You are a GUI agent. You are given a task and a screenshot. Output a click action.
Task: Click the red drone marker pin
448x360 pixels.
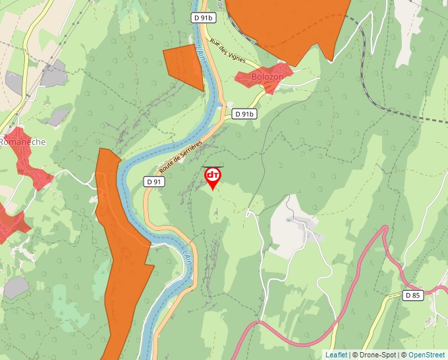point(213,176)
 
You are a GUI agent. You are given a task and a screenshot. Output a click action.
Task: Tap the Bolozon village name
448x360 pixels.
point(267,77)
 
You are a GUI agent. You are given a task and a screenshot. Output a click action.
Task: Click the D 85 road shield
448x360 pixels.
point(412,296)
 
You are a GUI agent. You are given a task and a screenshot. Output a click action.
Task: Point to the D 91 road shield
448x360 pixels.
point(154,181)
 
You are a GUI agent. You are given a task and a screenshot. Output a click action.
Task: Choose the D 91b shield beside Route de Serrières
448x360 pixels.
point(244,114)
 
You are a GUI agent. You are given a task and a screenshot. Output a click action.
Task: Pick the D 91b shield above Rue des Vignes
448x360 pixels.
point(204,18)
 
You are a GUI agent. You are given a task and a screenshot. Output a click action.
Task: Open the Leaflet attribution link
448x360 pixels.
point(336,355)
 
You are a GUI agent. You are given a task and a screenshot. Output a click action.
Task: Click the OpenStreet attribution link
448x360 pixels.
point(426,355)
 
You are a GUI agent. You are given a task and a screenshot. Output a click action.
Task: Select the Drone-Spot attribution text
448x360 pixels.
point(376,355)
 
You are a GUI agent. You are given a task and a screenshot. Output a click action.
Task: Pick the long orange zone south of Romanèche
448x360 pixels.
point(122,263)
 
